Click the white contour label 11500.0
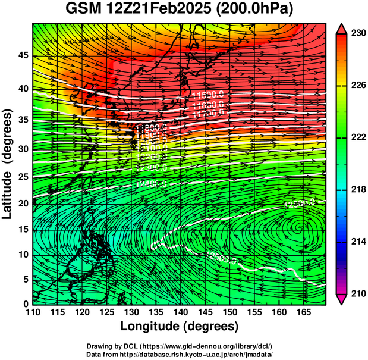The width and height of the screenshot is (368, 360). click(208, 95)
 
